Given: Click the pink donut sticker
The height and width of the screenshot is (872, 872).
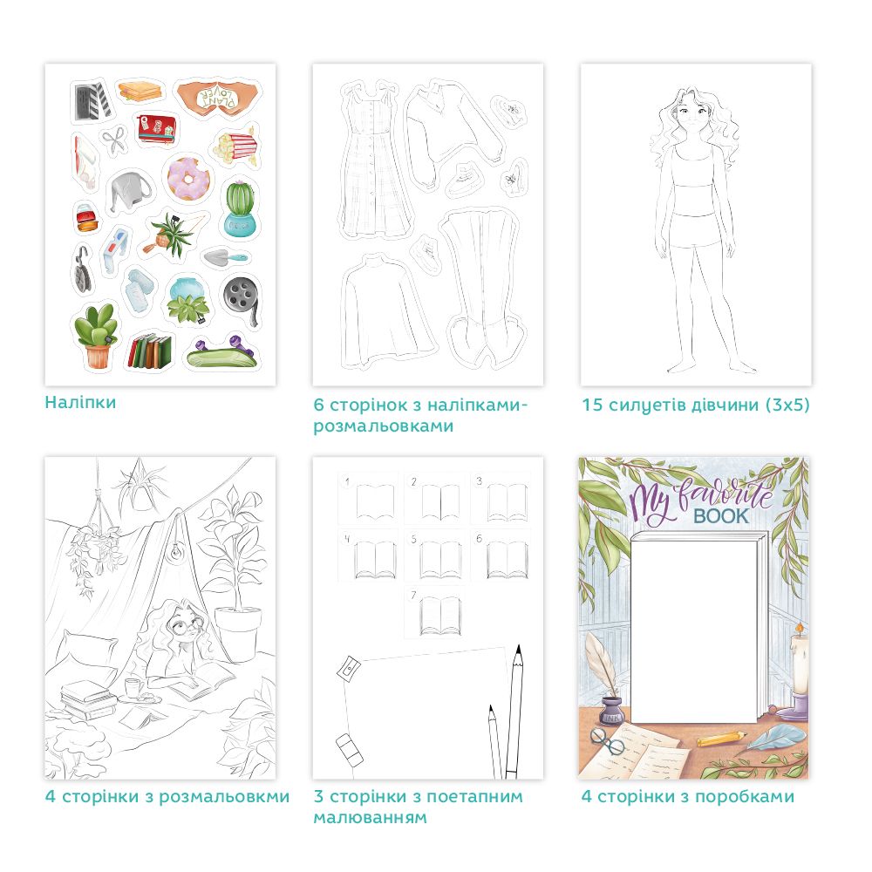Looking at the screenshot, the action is pos(188,178).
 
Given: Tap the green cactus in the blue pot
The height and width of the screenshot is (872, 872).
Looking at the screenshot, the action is pos(241,208).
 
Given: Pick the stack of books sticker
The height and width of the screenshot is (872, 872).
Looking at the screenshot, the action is pos(151,351).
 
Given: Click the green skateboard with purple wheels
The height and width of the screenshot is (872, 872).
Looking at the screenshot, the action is pos(221,352).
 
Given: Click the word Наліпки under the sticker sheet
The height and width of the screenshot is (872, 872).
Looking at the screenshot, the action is pos(80,402).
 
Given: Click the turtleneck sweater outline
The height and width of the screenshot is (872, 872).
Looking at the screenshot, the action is pos(387,310).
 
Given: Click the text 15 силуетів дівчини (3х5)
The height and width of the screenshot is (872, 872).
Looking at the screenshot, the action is pos(695,405).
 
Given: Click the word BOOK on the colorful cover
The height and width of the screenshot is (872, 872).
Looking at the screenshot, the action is pos(721,516).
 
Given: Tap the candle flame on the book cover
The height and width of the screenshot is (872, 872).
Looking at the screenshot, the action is pos(799,629).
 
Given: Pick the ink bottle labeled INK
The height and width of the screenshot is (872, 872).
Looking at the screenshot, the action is pos(612,711).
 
